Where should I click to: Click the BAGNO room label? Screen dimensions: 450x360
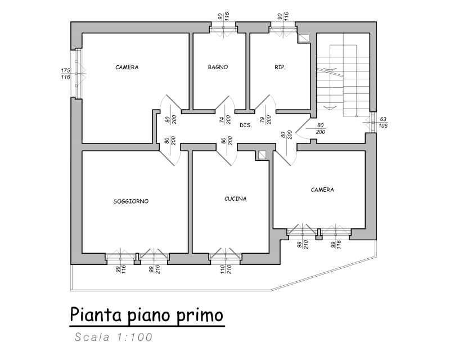point(218,67)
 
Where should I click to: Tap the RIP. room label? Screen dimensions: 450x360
point(280,67)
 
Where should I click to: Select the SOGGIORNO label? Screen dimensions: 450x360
point(131,201)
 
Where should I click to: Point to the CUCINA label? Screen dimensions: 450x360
point(235,199)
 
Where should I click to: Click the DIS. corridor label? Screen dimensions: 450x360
point(246,125)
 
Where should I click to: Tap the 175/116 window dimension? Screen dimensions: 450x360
point(65,74)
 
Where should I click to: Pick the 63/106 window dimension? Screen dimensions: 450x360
point(383,122)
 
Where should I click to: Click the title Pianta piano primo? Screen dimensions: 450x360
point(147,316)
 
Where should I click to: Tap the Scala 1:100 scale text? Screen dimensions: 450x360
point(114,337)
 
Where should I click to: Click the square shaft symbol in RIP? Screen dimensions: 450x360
point(304,38)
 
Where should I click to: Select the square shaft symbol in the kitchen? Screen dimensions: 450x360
point(262,155)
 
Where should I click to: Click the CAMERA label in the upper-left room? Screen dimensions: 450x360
point(127,67)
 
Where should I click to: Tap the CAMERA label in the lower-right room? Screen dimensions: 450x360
point(322,190)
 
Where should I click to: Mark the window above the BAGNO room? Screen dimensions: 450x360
point(223,29)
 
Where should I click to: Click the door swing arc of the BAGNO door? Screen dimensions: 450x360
point(232,101)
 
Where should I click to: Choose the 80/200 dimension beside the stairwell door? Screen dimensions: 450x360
point(320,129)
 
